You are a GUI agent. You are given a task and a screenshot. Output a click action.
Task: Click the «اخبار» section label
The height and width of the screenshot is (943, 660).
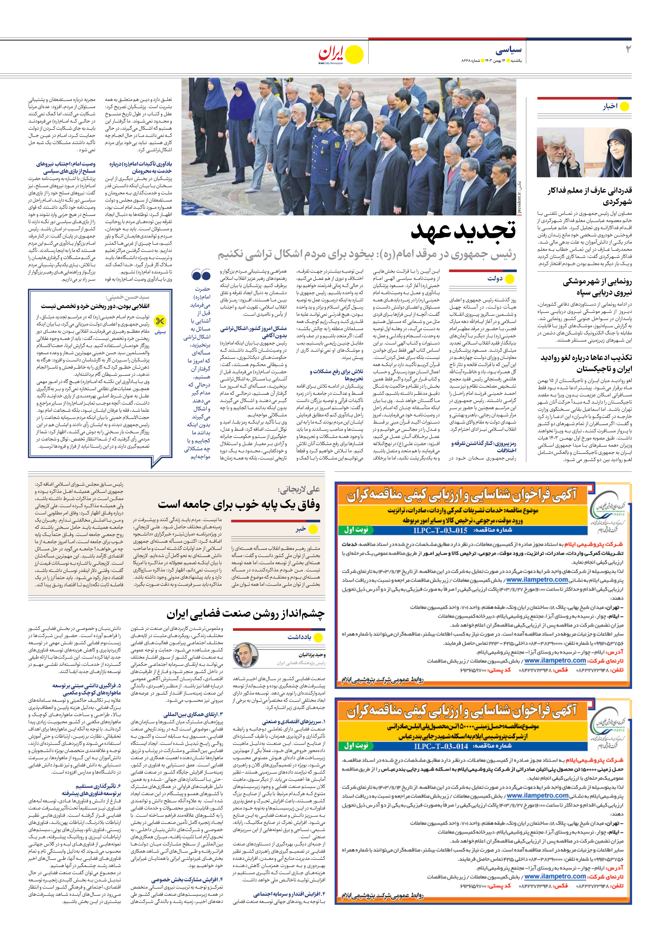610,107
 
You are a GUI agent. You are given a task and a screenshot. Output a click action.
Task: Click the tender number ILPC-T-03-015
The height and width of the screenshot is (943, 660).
440,530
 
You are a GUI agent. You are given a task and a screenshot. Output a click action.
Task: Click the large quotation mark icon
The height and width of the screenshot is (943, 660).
201,275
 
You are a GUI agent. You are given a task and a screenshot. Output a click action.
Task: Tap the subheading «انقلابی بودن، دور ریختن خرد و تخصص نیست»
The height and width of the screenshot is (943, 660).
95,306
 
